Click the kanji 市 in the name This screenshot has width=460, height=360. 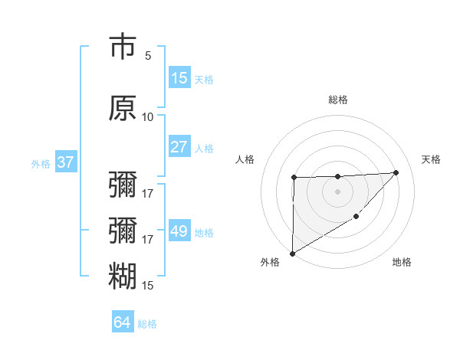pyautogui.click(x=123, y=47)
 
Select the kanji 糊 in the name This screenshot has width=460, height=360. pyautogui.click(x=123, y=276)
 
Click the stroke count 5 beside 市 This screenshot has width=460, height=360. pyautogui.click(x=148, y=56)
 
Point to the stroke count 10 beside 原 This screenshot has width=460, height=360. pyautogui.click(x=148, y=116)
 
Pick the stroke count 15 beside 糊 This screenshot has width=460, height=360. pyautogui.click(x=148, y=286)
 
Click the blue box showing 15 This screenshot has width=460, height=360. pyautogui.click(x=179, y=78)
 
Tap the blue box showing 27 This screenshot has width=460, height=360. pyautogui.click(x=179, y=147)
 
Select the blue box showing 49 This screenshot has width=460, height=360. pyautogui.click(x=179, y=231)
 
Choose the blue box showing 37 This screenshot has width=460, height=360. pyautogui.click(x=65, y=162)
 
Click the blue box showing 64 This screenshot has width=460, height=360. pyautogui.click(x=122, y=322)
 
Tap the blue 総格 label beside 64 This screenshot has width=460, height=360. pyautogui.click(x=147, y=324)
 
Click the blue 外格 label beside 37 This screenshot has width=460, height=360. pyautogui.click(x=41, y=163)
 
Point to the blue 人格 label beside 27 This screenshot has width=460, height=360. pyautogui.click(x=204, y=148)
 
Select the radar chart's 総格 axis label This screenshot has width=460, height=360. pyautogui.click(x=338, y=100)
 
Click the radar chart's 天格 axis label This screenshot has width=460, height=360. pyautogui.click(x=432, y=159)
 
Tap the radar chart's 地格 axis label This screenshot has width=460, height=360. pyautogui.click(x=402, y=263)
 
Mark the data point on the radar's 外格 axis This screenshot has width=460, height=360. pyautogui.click(x=292, y=254)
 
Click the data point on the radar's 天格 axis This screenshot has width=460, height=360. pyautogui.click(x=396, y=172)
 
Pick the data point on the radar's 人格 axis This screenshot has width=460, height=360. pyautogui.click(x=294, y=178)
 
